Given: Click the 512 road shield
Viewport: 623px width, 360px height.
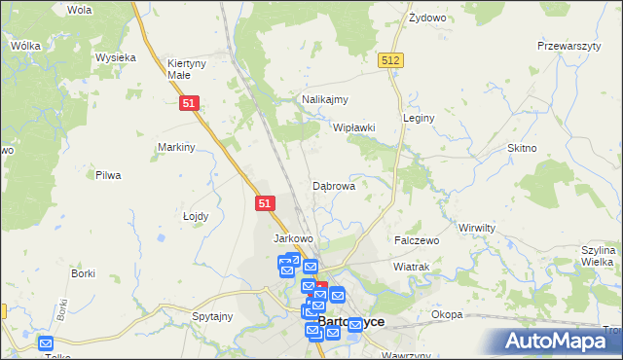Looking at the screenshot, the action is (391, 60).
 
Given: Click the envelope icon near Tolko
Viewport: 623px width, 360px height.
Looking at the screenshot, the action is (46, 342).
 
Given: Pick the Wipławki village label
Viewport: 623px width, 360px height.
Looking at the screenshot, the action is (353, 127).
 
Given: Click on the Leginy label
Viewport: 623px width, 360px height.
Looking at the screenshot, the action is (419, 118).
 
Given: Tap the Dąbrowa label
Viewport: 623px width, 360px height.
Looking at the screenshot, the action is (333, 185).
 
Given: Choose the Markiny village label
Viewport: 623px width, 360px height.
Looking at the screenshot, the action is (177, 147).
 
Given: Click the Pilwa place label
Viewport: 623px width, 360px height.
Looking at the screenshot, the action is (107, 175).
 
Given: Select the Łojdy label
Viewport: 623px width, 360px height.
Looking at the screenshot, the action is (197, 216).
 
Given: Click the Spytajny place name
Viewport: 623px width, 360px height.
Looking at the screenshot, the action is (212, 316).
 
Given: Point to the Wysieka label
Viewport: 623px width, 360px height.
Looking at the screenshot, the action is (115, 57).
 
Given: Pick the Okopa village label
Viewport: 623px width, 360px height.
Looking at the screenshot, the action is (447, 315).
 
